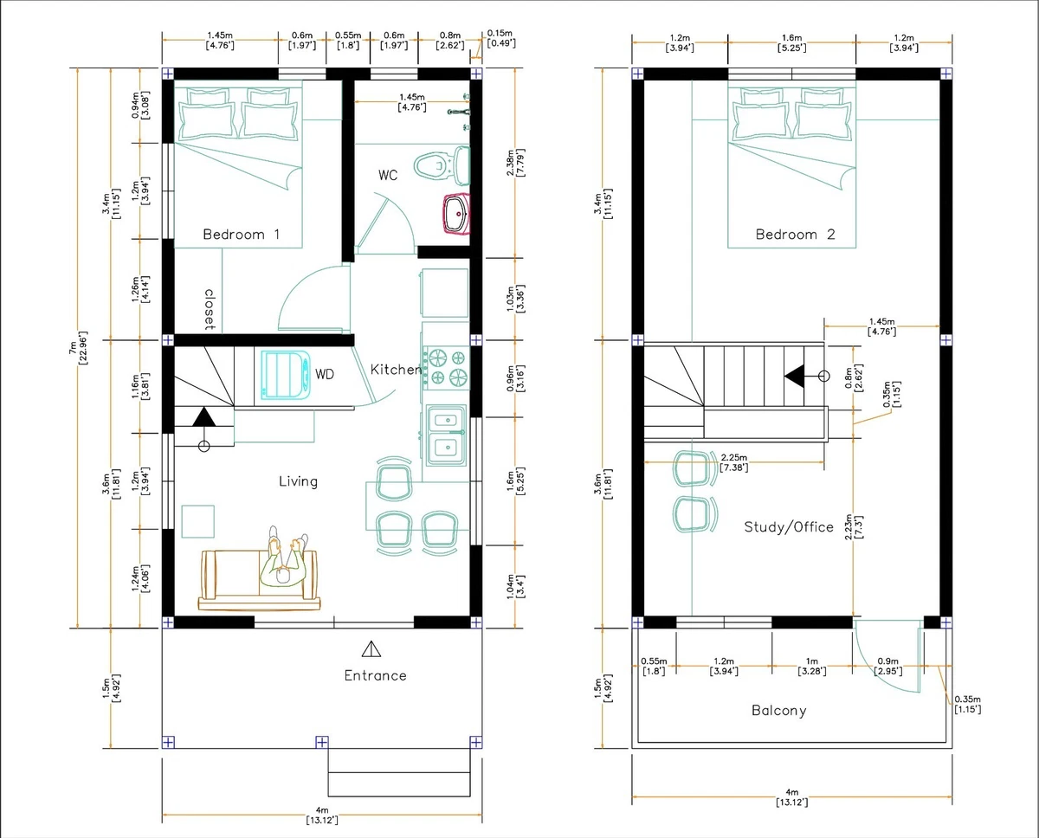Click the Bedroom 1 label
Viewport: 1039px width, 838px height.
[241, 234]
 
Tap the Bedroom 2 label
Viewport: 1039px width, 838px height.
[795, 234]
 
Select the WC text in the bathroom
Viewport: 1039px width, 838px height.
[388, 175]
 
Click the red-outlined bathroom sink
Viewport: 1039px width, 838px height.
[456, 214]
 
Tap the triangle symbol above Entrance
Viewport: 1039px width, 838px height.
[371, 648]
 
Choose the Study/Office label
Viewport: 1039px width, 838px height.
[789, 526]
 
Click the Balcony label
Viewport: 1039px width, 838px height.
[778, 711]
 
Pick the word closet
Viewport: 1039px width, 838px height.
[209, 310]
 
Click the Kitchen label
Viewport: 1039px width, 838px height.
[396, 370]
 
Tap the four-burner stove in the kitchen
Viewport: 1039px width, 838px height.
[445, 365]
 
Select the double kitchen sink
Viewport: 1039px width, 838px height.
[445, 434]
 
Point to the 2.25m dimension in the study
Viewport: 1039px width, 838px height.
[733, 462]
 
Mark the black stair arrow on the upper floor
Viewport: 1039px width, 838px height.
[794, 375]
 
